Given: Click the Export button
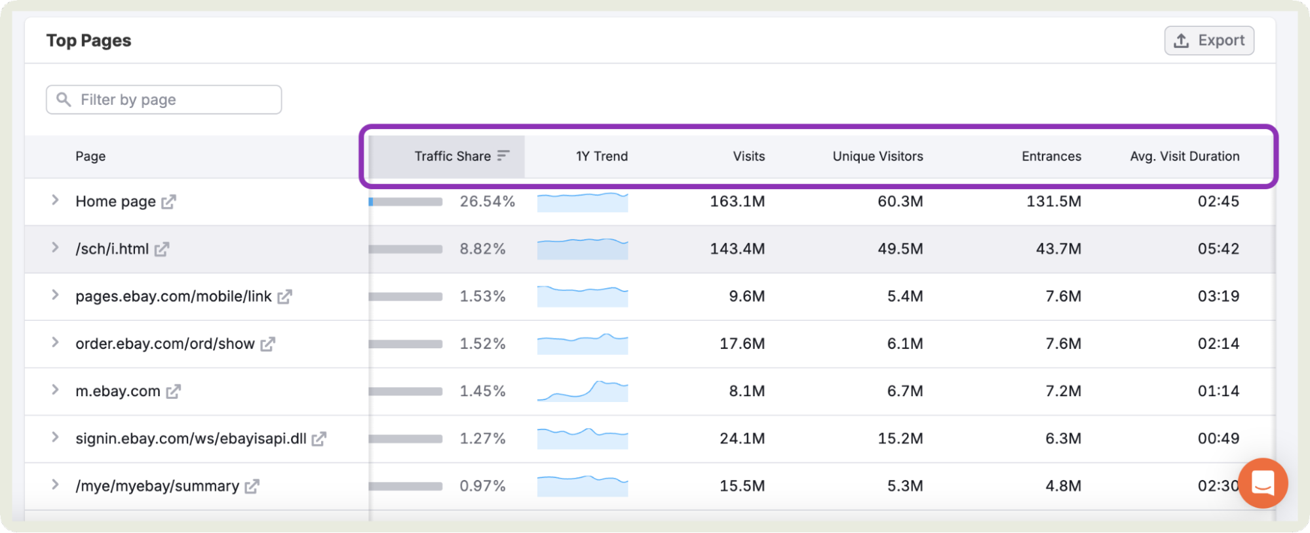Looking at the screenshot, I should (x=1209, y=41).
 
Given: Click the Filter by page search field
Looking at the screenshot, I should (x=164, y=100).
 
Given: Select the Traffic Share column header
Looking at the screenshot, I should (x=453, y=156).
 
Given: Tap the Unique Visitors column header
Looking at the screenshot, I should (x=877, y=156).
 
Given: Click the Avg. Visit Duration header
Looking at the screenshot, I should (x=1184, y=156).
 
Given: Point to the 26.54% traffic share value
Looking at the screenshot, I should (x=487, y=202).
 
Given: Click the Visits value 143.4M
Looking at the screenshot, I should (x=737, y=249).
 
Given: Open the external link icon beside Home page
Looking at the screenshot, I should (x=168, y=202).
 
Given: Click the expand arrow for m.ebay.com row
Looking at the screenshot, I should (x=55, y=390).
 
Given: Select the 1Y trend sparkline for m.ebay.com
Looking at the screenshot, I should (x=582, y=391).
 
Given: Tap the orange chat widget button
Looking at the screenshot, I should (x=1262, y=483).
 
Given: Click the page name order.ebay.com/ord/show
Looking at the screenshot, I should (x=165, y=344).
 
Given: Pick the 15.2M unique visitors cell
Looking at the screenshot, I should (x=900, y=439).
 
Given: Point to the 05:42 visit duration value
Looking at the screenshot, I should (x=1218, y=249).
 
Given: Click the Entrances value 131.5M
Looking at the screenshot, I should (x=1053, y=202).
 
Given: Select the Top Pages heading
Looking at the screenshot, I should (x=88, y=41).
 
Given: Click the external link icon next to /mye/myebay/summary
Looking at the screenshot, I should (x=252, y=486).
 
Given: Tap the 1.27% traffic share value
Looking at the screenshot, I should (x=482, y=439).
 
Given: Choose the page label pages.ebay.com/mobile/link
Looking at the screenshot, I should (x=173, y=297).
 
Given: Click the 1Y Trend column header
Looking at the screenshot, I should (x=602, y=156).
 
